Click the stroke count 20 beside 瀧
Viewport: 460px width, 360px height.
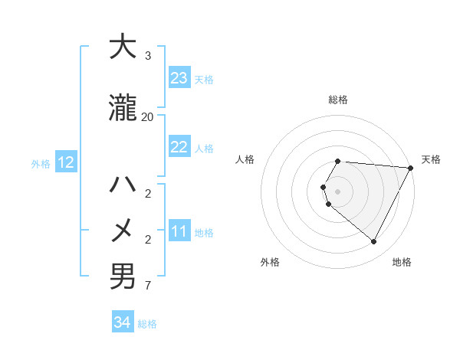(x=148, y=117)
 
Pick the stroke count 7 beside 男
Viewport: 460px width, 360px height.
(x=148, y=286)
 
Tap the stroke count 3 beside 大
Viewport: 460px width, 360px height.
(x=148, y=56)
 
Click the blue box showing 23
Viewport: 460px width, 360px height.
(x=179, y=78)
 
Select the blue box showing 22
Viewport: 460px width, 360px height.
(x=179, y=147)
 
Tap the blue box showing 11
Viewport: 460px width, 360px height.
(x=179, y=231)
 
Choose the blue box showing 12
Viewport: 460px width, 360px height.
(x=66, y=162)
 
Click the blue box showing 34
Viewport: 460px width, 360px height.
(x=122, y=323)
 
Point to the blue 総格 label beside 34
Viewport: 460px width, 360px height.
(x=147, y=324)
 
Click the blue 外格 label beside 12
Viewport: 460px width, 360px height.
(x=41, y=163)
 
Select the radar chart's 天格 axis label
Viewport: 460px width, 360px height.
(x=431, y=159)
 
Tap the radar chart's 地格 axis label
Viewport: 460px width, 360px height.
(x=402, y=262)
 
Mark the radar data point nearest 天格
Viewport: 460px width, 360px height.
(x=410, y=168)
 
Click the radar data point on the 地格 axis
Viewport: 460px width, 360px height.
(x=374, y=242)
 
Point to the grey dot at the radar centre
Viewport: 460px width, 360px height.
(x=338, y=191)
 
